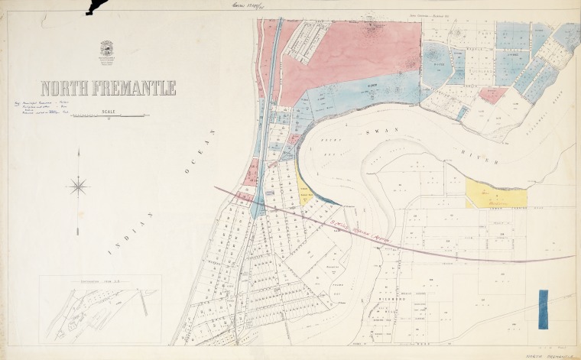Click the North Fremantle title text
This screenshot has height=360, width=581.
point(108,88)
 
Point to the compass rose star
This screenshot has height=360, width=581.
point(80,185)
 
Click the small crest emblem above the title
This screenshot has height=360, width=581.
point(108,50)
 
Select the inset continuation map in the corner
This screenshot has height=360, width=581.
point(99,308)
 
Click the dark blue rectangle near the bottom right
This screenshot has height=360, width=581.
point(543,309)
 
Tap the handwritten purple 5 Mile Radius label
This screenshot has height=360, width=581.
point(348,227)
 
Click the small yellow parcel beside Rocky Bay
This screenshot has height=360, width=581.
point(307,191)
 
